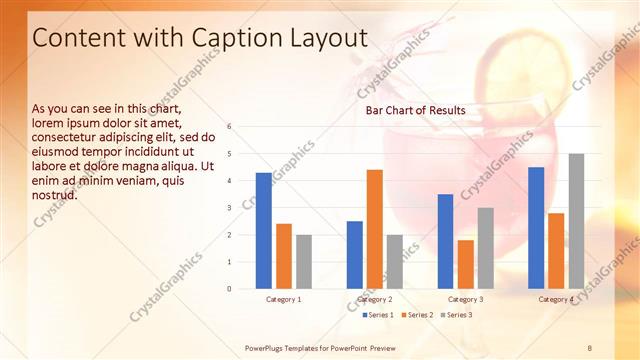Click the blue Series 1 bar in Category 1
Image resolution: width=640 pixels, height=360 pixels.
point(264,231)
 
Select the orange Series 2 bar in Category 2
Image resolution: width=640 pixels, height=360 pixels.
point(374,229)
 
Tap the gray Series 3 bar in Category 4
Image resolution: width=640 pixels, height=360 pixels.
point(576,221)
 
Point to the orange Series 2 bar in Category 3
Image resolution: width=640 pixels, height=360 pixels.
point(465,264)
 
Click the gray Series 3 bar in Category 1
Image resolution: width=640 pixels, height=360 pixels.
point(304,262)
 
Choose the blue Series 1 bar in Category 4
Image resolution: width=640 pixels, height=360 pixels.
point(536,228)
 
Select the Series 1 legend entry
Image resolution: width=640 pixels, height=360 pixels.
point(379,315)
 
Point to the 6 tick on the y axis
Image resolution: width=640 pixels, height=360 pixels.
point(230,127)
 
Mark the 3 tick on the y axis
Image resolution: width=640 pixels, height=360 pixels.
point(230,208)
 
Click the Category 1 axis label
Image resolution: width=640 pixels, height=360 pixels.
point(284,299)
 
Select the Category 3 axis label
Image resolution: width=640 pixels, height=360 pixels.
point(465,299)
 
